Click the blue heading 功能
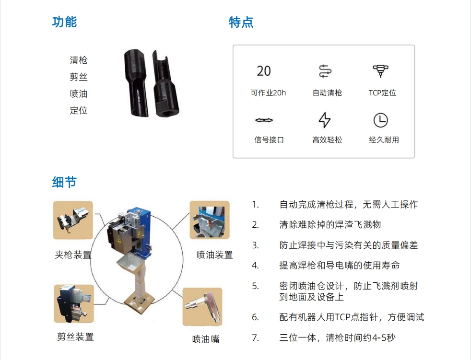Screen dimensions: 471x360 pos(65,22)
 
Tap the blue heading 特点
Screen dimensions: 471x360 pos(241,23)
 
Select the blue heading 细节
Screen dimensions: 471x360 pos(65,182)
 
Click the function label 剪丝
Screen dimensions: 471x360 pos(78,77)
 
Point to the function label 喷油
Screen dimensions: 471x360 pos(78,93)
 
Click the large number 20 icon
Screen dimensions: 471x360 pos(264,71)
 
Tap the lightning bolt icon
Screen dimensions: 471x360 pos(324,120)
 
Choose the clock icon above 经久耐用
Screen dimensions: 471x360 pos(380,120)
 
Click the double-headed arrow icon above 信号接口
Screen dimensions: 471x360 pos(264,120)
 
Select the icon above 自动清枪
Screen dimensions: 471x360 pos(325,71)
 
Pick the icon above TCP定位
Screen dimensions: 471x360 pos(380,71)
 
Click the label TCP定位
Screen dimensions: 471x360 pos(382,93)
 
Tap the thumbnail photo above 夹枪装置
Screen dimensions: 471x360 pos(73,220)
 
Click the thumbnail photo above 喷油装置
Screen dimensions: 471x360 pos(210,220)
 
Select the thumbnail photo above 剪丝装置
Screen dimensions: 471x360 pos(74,304)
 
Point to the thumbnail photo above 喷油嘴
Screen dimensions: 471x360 pos(202,307)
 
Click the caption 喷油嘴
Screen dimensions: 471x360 pos(206,339)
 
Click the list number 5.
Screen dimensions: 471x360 pos(255,286)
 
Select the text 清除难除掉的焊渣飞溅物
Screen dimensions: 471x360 pos(330,225)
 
